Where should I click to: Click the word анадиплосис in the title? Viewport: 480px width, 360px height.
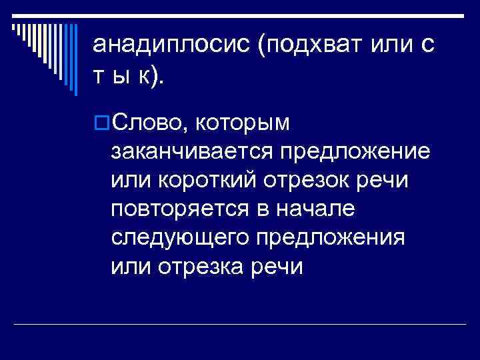tap(169, 46)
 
